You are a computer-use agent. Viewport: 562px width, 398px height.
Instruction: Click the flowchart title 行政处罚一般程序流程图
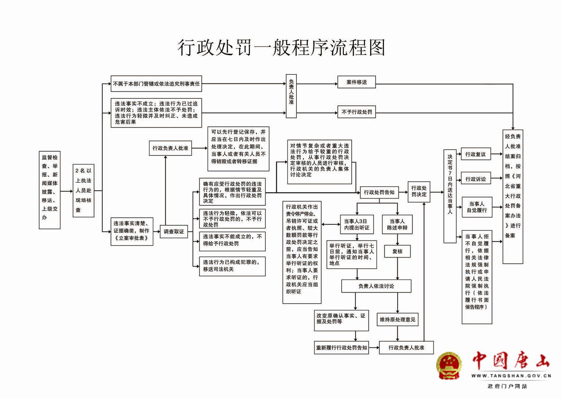click(x=281, y=48)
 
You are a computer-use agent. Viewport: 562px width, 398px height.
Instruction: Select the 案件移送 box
click(x=356, y=82)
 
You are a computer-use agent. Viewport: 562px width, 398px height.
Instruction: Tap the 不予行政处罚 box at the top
click(x=356, y=112)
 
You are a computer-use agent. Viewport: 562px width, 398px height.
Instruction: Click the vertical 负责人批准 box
click(x=291, y=96)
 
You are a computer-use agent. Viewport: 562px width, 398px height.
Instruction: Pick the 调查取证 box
click(x=174, y=232)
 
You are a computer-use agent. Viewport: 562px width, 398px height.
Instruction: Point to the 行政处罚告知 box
click(x=379, y=192)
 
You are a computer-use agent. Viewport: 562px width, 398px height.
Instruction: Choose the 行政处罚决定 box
click(x=419, y=191)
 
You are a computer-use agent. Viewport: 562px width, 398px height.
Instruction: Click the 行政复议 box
click(x=476, y=154)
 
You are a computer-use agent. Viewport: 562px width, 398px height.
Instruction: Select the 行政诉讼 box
click(x=476, y=179)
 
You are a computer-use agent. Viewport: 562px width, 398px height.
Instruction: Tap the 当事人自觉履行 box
click(x=477, y=207)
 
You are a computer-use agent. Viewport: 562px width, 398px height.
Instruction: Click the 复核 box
click(x=397, y=251)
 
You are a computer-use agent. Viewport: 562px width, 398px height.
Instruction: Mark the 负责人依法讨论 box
click(x=376, y=286)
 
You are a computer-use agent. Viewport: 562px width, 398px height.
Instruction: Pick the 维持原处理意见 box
click(x=398, y=320)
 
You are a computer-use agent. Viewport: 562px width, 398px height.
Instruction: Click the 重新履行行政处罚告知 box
click(x=342, y=348)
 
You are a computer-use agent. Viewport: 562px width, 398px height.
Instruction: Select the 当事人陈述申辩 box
click(x=397, y=224)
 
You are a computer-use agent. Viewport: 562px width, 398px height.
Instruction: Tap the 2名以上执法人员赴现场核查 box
click(x=83, y=191)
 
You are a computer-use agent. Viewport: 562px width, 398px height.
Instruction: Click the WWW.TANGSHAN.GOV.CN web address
click(x=511, y=376)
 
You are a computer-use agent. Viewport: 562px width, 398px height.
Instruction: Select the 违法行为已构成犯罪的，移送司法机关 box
click(x=232, y=266)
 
